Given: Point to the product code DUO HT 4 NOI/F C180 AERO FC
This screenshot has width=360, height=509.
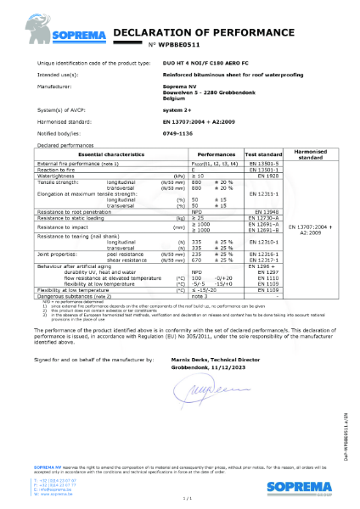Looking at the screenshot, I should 207,64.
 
